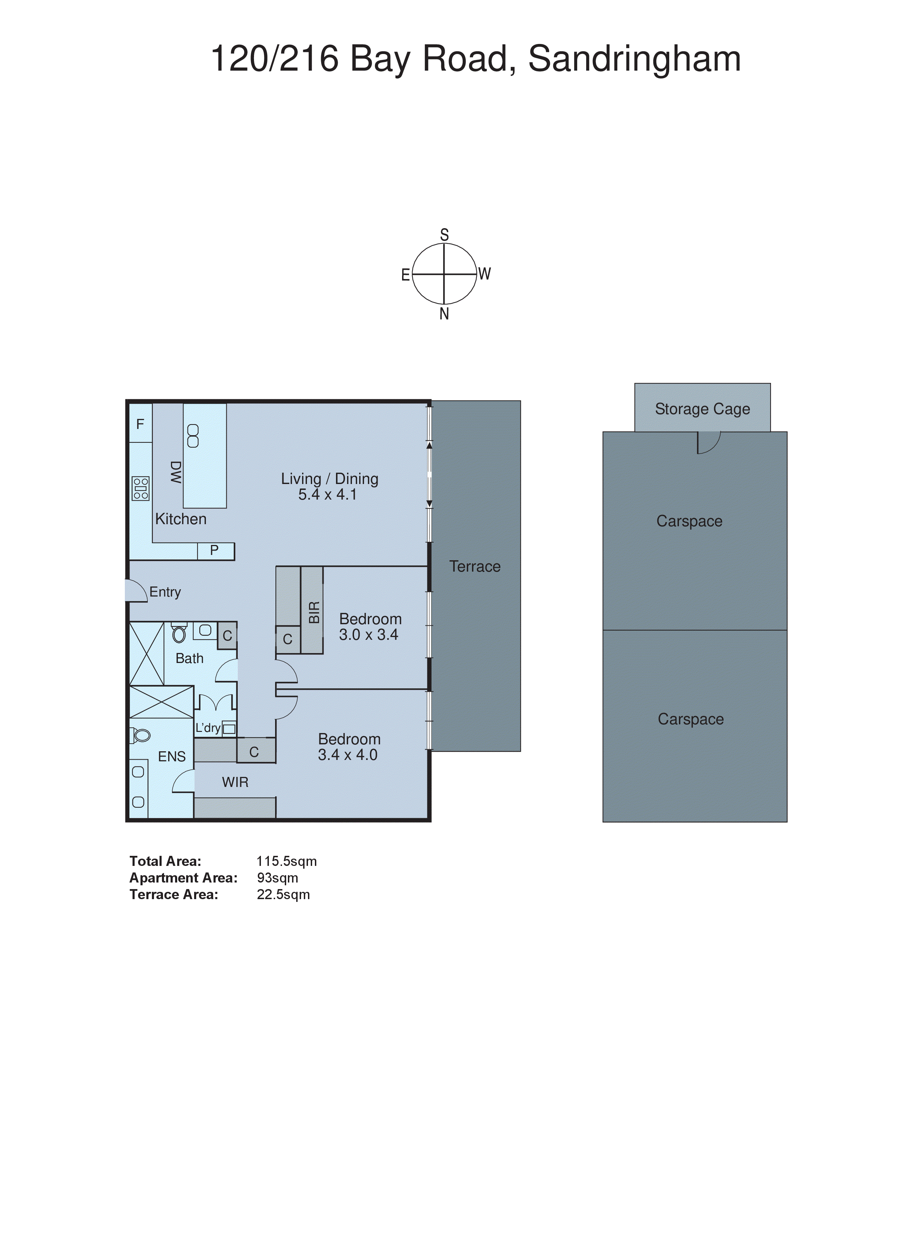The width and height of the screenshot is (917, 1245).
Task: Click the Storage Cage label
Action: [702, 409]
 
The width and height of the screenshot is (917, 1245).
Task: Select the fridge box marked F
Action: [140, 424]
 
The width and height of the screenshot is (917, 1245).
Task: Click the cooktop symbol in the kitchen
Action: [140, 489]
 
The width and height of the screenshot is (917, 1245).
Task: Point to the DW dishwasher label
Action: [175, 472]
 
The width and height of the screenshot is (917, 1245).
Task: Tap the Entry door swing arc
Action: [135, 590]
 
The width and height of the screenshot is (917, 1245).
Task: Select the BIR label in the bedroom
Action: [314, 612]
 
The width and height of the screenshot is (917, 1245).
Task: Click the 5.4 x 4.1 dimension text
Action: [327, 495]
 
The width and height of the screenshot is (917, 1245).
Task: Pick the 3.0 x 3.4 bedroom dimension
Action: [368, 635]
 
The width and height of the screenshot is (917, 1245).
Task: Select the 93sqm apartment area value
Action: [277, 878]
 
